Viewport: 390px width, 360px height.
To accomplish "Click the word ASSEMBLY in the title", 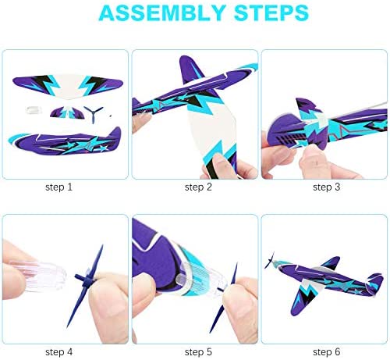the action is tap(161, 12).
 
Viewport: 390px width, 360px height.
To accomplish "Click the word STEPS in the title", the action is tap(271, 12).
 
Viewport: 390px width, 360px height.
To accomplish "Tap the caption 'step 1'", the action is tap(58, 187).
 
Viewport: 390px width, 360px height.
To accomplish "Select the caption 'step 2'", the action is tap(198, 187).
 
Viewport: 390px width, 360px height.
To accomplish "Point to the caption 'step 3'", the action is tap(327, 187).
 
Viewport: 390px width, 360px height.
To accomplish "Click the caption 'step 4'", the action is tap(58, 352).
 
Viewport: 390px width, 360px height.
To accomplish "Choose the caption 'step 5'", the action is tap(198, 352).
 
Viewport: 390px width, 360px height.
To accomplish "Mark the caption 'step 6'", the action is tap(327, 352).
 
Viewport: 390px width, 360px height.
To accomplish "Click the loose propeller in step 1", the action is tap(93, 113).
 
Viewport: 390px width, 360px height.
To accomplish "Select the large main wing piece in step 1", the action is tap(68, 85).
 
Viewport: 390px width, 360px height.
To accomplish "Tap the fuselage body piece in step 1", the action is tap(65, 142).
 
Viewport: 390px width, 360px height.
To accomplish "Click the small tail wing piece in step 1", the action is tap(67, 112).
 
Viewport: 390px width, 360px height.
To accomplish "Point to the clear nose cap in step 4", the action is tap(39, 276).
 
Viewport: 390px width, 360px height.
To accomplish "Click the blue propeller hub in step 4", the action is tap(87, 279).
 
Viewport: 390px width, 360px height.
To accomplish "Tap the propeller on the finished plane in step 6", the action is tap(269, 260).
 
